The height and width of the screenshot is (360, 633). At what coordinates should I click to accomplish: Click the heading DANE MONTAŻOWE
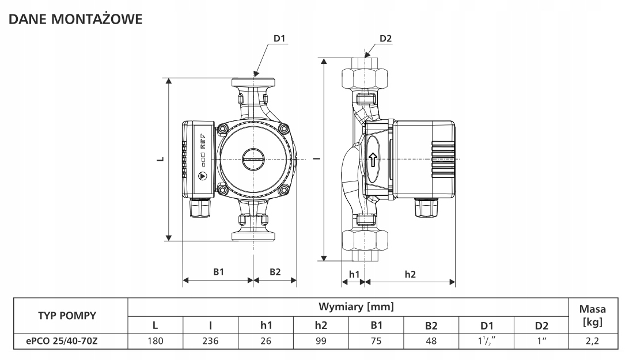[75, 19]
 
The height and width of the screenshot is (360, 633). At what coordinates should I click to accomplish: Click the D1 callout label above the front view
[279, 39]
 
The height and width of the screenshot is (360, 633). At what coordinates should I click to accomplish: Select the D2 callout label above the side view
[385, 39]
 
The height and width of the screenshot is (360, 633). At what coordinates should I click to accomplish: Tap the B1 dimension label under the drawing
[218, 272]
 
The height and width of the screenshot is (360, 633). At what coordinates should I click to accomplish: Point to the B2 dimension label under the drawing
[275, 272]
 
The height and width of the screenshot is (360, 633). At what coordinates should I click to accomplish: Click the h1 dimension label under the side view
[354, 274]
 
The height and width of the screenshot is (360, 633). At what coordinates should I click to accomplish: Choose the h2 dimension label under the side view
[410, 274]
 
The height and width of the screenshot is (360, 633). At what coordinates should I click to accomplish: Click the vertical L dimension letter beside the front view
[161, 158]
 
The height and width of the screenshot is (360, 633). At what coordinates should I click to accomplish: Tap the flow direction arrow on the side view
[373, 160]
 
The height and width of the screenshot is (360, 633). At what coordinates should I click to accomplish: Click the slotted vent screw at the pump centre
[253, 158]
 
